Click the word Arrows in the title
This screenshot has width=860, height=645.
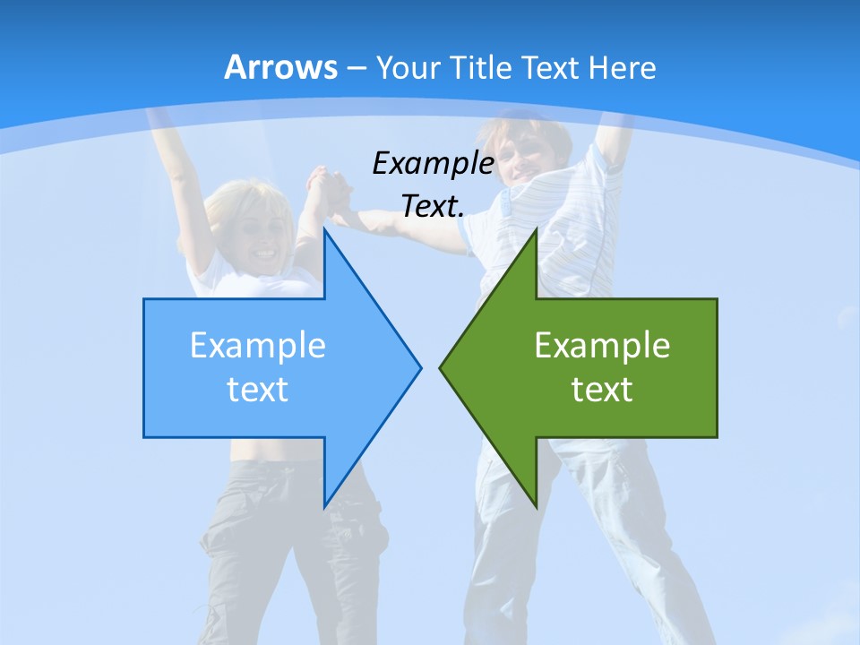[x=280, y=67]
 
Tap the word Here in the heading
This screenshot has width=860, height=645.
[x=622, y=67]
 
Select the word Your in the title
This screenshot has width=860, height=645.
[x=408, y=67]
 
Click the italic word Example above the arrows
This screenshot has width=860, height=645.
[x=433, y=163]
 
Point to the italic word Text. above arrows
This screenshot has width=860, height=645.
[x=433, y=206]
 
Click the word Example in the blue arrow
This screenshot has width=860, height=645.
[x=258, y=345]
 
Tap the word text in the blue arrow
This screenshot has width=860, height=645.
[x=258, y=389]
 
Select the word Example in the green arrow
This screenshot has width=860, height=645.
[x=602, y=345]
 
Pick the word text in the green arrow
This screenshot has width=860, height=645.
[x=602, y=389]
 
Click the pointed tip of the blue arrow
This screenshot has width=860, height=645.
[x=419, y=367]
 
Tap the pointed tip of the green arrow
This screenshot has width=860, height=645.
[x=441, y=367]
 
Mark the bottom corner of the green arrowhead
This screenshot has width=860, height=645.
[x=536, y=505]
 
